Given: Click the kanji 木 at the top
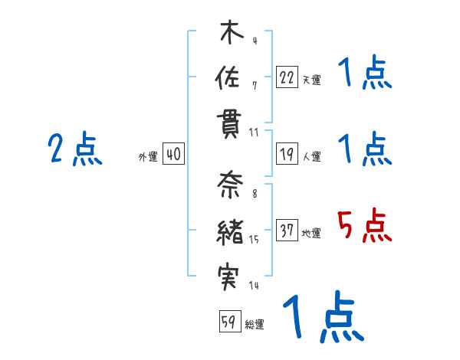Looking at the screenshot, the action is [x=230, y=34].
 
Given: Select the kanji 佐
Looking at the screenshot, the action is [x=230, y=78].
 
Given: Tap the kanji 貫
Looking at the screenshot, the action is [x=230, y=123].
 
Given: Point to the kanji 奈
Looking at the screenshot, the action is [x=230, y=185].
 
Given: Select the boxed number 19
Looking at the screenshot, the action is [x=287, y=155].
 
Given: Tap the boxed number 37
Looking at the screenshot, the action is [x=287, y=231].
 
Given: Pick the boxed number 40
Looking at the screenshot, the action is [x=173, y=155].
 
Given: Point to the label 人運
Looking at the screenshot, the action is [x=311, y=157].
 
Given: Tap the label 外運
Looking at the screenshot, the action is [x=148, y=157].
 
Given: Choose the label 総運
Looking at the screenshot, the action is [x=255, y=324].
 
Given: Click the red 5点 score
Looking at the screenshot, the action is [x=364, y=227].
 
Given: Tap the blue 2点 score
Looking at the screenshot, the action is [x=74, y=149].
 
